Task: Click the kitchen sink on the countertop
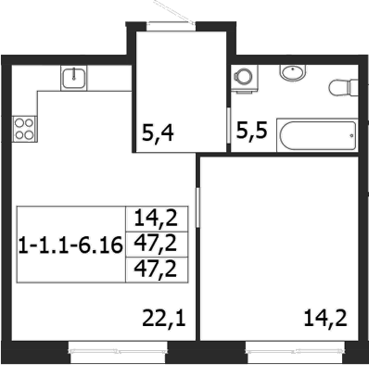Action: pyautogui.click(x=74, y=78)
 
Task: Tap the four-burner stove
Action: pyautogui.click(x=25, y=129)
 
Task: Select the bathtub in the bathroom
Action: pyautogui.click(x=317, y=135)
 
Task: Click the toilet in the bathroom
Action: pyautogui.click(x=344, y=87)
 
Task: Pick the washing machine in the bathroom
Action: pyautogui.click(x=245, y=78)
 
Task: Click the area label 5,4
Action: pyautogui.click(x=158, y=133)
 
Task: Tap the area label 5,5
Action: pyautogui.click(x=251, y=131)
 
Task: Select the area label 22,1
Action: pyautogui.click(x=164, y=319)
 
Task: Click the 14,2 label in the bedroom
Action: pyautogui.click(x=325, y=319)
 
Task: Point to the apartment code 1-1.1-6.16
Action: pyautogui.click(x=70, y=245)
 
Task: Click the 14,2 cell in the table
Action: pyautogui.click(x=156, y=219)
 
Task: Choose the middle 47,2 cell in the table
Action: pyautogui.click(x=156, y=244)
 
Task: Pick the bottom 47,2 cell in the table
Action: pyautogui.click(x=156, y=270)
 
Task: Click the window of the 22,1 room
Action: pyautogui.click(x=118, y=351)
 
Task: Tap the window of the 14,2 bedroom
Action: pyautogui.click(x=295, y=351)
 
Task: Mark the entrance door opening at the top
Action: pyautogui.click(x=172, y=26)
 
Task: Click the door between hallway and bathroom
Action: pyautogui.click(x=229, y=125)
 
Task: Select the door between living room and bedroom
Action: pyautogui.click(x=197, y=208)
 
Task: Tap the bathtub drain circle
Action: pyautogui.click(x=351, y=135)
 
